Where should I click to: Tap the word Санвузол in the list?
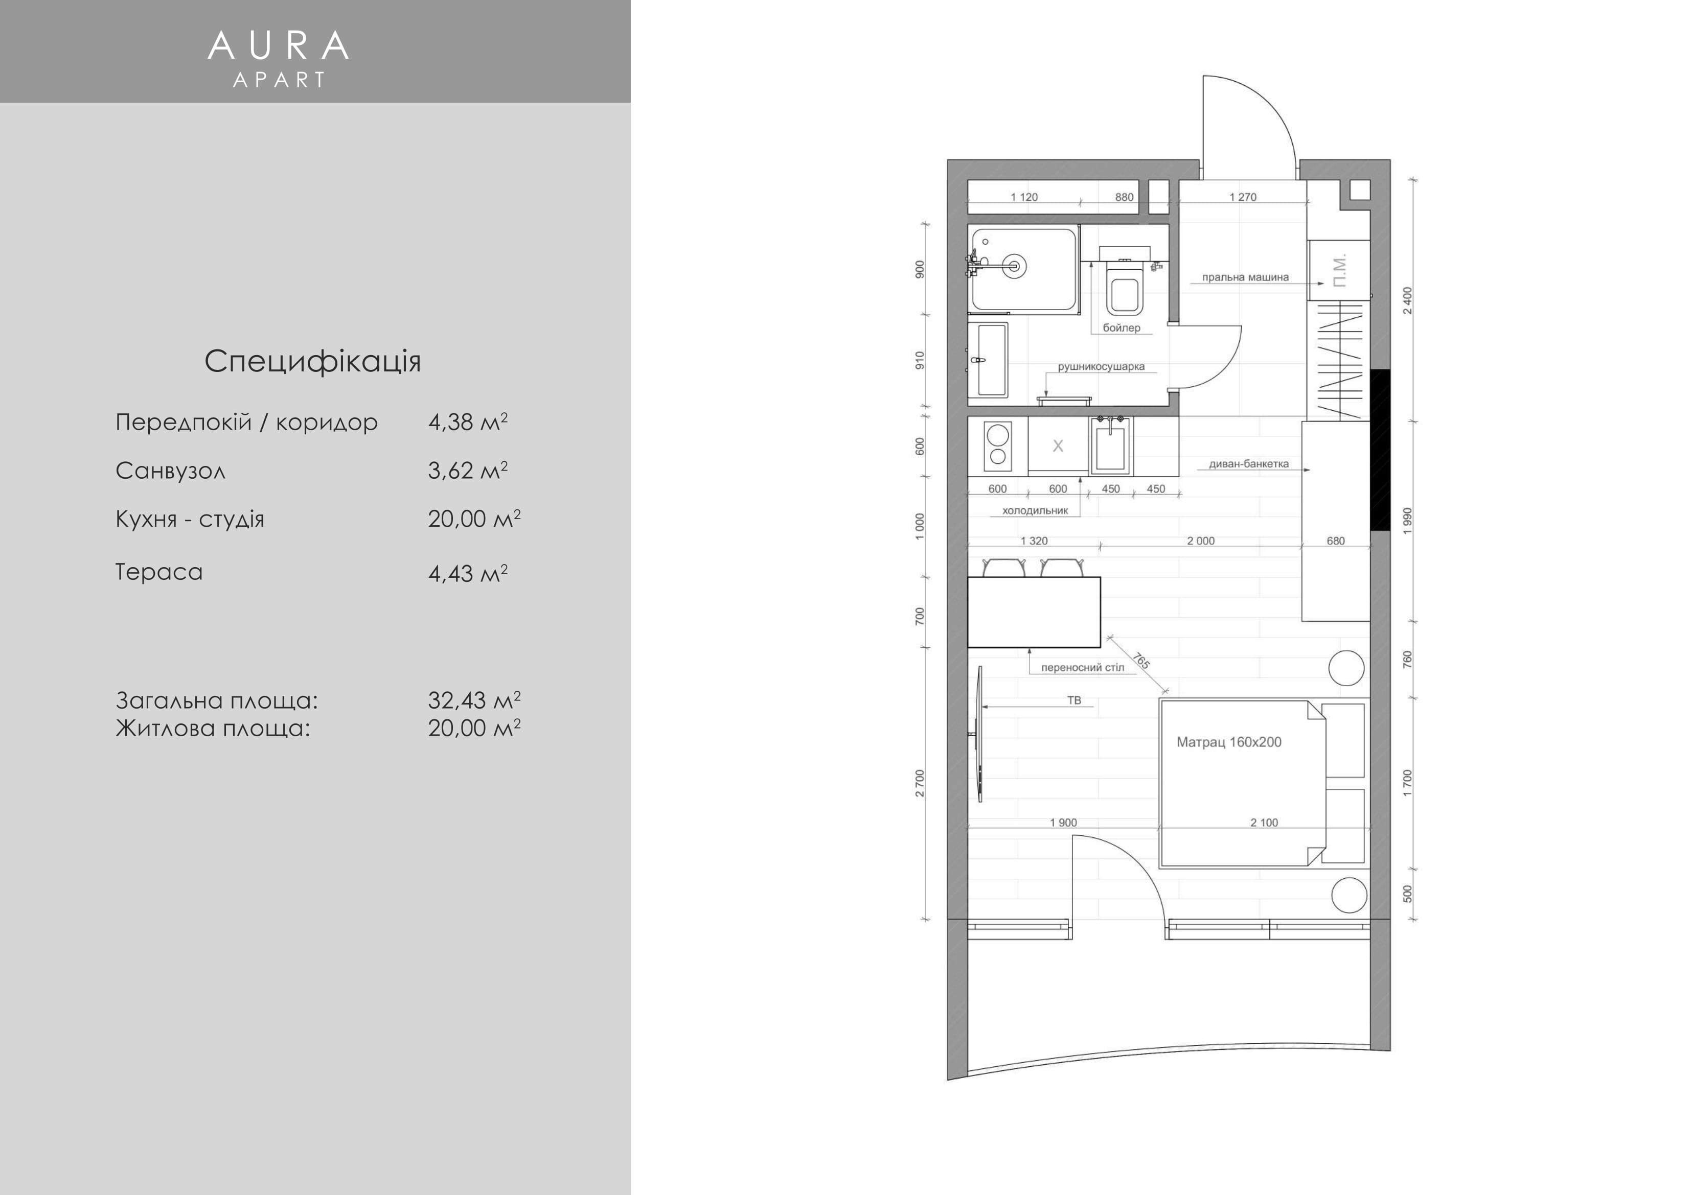170,471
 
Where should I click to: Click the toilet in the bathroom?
1124,287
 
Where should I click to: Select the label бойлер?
1121,327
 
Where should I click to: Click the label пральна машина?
1245,277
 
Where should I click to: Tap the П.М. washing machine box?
1339,270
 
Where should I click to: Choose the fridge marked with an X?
1058,444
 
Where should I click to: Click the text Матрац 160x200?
1228,742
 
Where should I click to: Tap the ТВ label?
1075,700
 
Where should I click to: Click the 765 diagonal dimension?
1141,661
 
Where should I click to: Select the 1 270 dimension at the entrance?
1243,197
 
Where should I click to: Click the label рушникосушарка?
1101,367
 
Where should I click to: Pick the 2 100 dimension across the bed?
1264,823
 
